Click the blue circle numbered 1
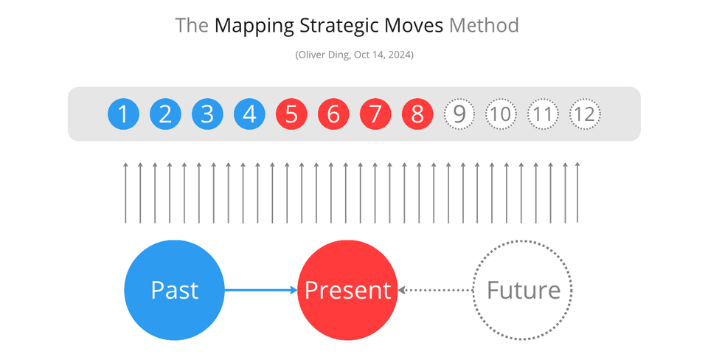point(123,114)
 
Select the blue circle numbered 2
point(165,114)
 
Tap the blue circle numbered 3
point(207,114)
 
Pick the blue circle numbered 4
point(249,114)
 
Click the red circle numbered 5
point(291,114)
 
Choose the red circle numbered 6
point(333,114)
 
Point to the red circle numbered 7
point(375,114)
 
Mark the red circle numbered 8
point(417,114)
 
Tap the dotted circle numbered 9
point(459,114)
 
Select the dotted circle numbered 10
point(502,114)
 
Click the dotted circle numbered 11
point(543,114)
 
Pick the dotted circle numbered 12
point(585,114)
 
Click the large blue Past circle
point(174,290)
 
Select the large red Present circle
point(347,290)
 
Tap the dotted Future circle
point(523,290)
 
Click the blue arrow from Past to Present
point(260,290)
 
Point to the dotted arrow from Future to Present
point(435,290)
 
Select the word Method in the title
point(484,26)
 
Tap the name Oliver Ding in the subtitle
point(325,55)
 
